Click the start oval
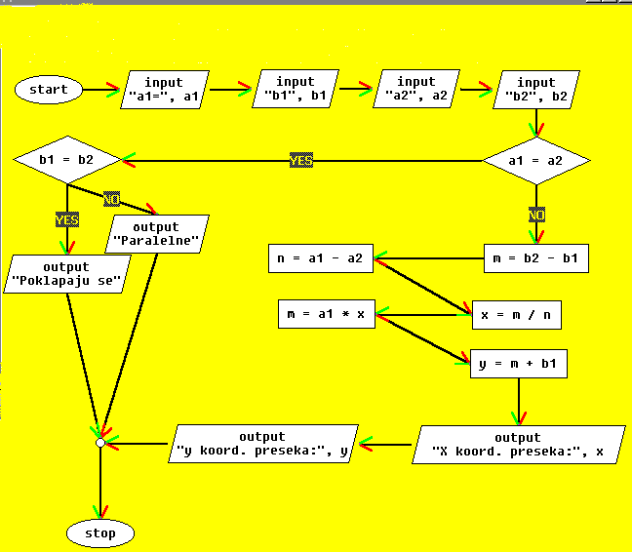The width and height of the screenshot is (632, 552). (x=49, y=90)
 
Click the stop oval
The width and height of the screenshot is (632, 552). (x=99, y=532)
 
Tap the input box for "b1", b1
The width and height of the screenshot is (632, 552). (x=296, y=90)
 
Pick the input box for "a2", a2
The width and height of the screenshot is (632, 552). (x=416, y=90)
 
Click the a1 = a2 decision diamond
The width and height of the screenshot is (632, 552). (x=536, y=160)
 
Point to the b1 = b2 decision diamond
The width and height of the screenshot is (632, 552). (x=66, y=159)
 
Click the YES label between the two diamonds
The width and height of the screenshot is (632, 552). (x=301, y=160)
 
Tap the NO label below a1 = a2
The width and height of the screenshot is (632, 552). (x=536, y=214)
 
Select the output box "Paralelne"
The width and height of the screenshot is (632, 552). (x=156, y=234)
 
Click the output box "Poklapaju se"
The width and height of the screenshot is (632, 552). (x=66, y=274)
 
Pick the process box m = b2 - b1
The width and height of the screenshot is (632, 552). (x=536, y=258)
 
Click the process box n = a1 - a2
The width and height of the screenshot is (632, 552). (x=320, y=258)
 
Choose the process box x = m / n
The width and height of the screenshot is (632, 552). (x=516, y=315)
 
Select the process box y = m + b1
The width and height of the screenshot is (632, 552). (x=518, y=364)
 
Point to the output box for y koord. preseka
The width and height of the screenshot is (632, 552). (x=262, y=444)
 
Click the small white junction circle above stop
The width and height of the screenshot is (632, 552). (x=99, y=443)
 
